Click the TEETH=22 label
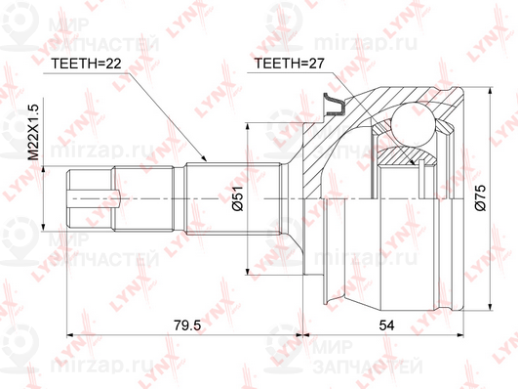86,64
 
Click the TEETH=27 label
290,63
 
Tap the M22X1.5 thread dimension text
33,132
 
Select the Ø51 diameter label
238,198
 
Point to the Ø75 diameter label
480,198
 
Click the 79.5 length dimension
187,325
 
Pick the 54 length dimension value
386,325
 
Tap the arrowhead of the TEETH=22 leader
203,158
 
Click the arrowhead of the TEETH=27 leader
412,161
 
